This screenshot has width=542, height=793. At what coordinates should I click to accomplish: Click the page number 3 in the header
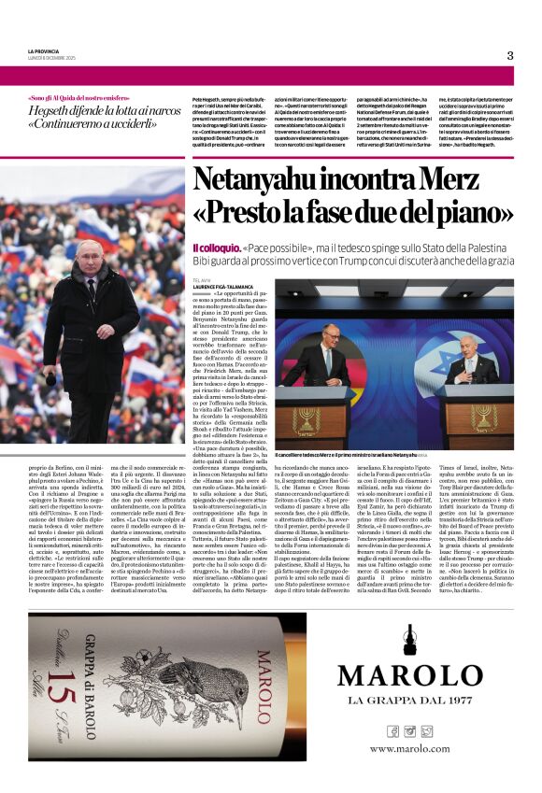coord(509,55)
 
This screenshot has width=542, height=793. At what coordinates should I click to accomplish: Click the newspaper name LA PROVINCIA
coord(45,50)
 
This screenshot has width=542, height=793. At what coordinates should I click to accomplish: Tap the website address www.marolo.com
coord(408,748)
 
